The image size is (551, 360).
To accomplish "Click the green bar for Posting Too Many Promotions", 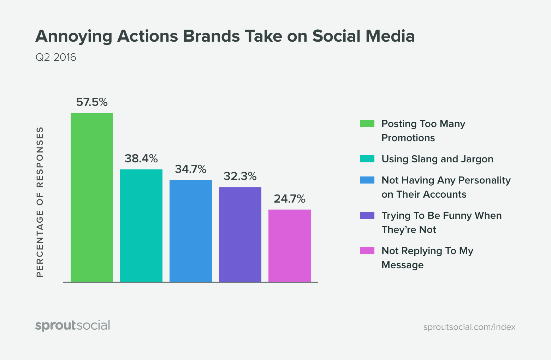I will (x=92, y=198).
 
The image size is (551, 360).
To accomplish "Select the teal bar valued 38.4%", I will (x=141, y=226).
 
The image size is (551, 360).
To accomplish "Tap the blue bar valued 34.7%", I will (x=191, y=231).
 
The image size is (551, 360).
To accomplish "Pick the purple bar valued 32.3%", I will (x=240, y=235).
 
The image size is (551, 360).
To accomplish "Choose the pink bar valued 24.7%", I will (x=290, y=246).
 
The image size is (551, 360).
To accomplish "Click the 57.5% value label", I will (x=92, y=102).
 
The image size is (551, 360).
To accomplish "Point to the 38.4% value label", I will (x=141, y=159).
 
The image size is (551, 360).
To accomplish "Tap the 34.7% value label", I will (x=191, y=169).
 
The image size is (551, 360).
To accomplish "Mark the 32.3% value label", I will (x=240, y=176).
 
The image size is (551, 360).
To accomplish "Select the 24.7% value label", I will (x=290, y=199).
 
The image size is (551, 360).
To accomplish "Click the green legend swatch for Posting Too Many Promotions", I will (x=367, y=124).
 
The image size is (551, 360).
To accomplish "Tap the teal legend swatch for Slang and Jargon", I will (x=367, y=159).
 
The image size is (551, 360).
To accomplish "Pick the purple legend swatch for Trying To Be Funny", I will (x=367, y=215).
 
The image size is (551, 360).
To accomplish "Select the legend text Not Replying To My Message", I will (x=427, y=258).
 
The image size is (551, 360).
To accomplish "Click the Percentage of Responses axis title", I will (x=40, y=202).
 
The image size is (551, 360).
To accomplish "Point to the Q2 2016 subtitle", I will (x=56, y=57).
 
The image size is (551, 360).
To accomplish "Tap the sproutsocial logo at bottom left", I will (x=73, y=325).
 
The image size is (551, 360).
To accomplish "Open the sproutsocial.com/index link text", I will (x=469, y=327).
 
